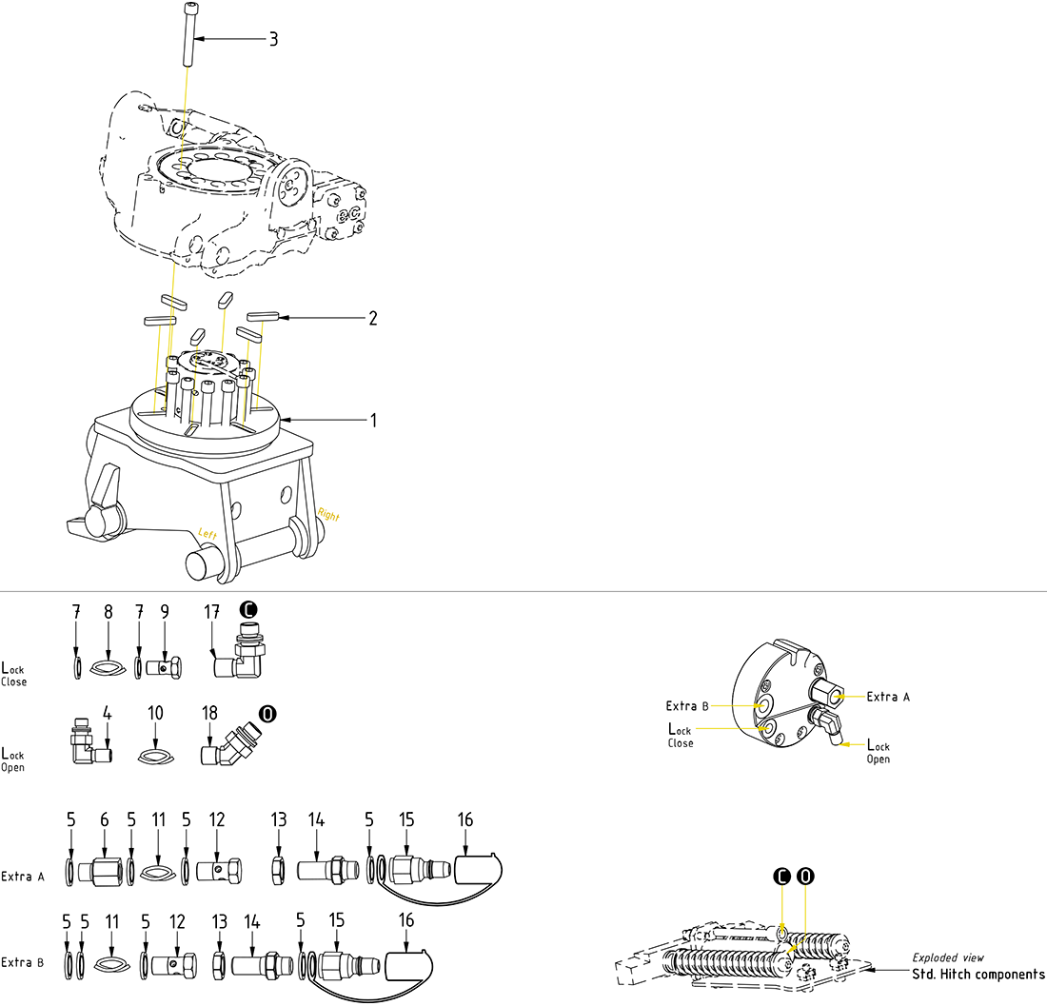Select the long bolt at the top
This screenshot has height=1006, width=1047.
[x=186, y=34]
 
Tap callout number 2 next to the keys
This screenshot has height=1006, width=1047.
[x=373, y=318]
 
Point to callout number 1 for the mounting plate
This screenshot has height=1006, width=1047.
[x=373, y=420]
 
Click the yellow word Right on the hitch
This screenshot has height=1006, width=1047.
[x=328, y=517]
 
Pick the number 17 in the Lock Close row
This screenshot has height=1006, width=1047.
[x=211, y=611]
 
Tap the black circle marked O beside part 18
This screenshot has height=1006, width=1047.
[x=268, y=714]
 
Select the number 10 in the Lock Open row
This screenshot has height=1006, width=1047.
[x=156, y=714]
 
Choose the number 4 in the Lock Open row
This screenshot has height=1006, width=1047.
[x=108, y=714]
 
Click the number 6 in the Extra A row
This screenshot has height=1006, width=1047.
[x=105, y=819]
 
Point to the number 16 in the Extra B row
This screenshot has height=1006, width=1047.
[x=406, y=921]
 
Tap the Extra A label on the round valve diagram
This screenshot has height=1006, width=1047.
[x=888, y=697]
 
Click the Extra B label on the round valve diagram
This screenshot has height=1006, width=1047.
[x=688, y=705]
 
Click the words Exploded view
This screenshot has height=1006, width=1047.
[x=948, y=957]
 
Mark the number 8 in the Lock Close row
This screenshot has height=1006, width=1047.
[x=108, y=611]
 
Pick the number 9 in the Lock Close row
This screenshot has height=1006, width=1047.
[x=165, y=611]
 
